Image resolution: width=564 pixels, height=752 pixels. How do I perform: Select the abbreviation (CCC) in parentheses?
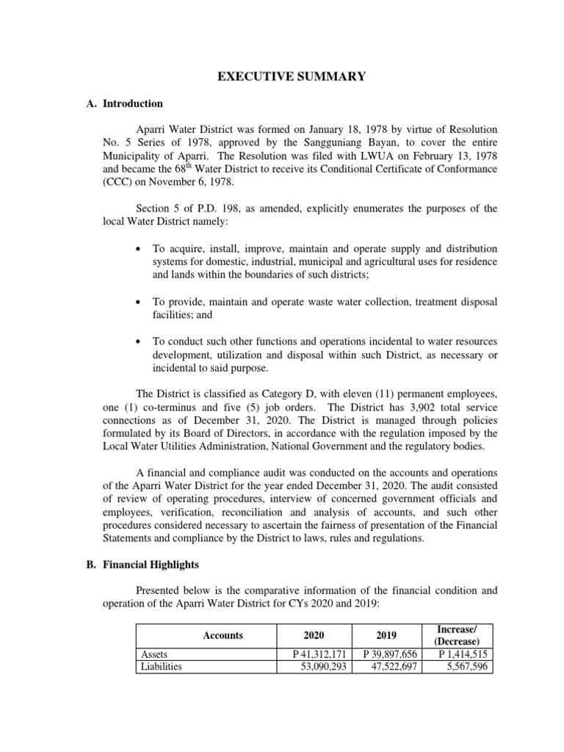[116, 183]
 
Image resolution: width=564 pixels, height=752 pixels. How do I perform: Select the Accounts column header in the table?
[223, 635]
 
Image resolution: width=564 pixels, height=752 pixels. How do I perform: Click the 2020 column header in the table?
[312, 635]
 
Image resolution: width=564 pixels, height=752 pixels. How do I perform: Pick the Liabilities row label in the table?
[161, 667]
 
